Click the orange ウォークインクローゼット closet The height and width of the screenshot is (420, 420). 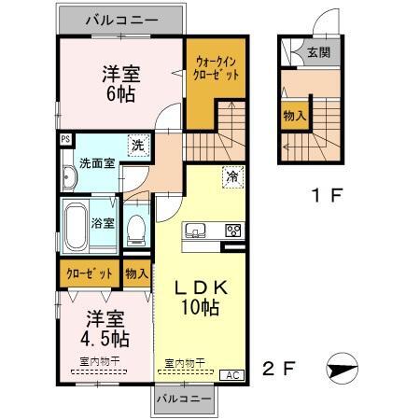click(x=216, y=73)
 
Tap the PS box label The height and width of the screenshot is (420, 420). click(x=64, y=141)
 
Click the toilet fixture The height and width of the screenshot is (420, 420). click(x=136, y=226)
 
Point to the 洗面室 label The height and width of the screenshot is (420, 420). click(x=96, y=162)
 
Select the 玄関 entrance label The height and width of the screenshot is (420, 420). click(x=319, y=54)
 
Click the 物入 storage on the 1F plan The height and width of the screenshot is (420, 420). click(x=293, y=116)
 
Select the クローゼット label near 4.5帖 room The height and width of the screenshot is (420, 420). click(x=89, y=273)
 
